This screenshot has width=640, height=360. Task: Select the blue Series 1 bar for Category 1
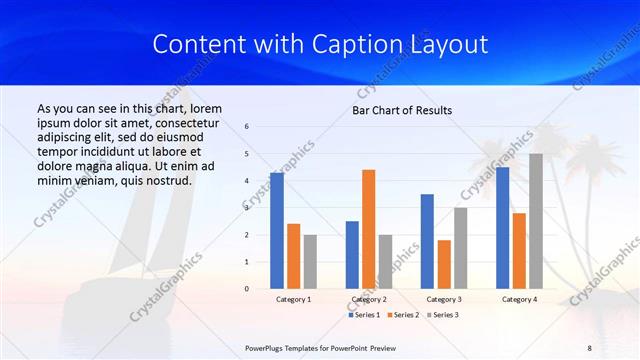point(276,231)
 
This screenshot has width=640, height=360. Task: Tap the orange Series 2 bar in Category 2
point(368,229)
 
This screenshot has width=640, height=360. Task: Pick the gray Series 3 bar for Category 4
point(536,221)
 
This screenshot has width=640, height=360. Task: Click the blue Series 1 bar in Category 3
point(427,241)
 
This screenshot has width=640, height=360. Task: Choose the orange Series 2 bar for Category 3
point(444,264)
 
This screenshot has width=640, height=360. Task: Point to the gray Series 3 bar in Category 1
point(310,261)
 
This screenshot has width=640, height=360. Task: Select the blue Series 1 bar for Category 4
point(502,228)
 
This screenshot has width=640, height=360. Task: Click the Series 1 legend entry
point(363,315)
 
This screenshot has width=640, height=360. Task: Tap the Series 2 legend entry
point(401,315)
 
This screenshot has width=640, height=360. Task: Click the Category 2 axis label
point(368,299)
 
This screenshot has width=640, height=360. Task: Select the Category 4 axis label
point(519,299)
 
